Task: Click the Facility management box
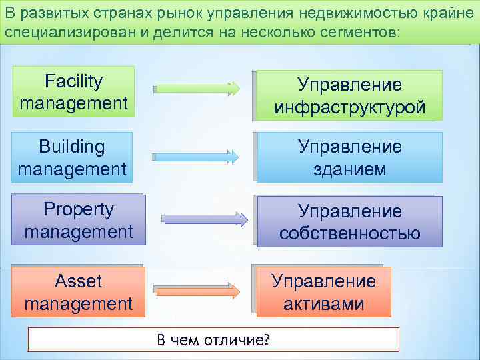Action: point(73,92)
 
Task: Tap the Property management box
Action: point(79,220)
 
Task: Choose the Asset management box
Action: point(78,292)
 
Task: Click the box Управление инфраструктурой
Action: point(350,95)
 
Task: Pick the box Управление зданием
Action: point(350,157)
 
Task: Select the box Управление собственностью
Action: point(350,222)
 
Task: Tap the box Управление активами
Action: point(323,292)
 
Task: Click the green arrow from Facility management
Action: point(197,87)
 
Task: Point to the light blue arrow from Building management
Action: point(197,157)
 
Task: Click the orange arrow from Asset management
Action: point(197,291)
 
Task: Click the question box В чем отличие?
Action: point(213,339)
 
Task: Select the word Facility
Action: point(73,82)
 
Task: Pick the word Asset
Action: point(78,281)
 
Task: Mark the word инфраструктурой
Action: point(350,107)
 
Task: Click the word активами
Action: point(323,304)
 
